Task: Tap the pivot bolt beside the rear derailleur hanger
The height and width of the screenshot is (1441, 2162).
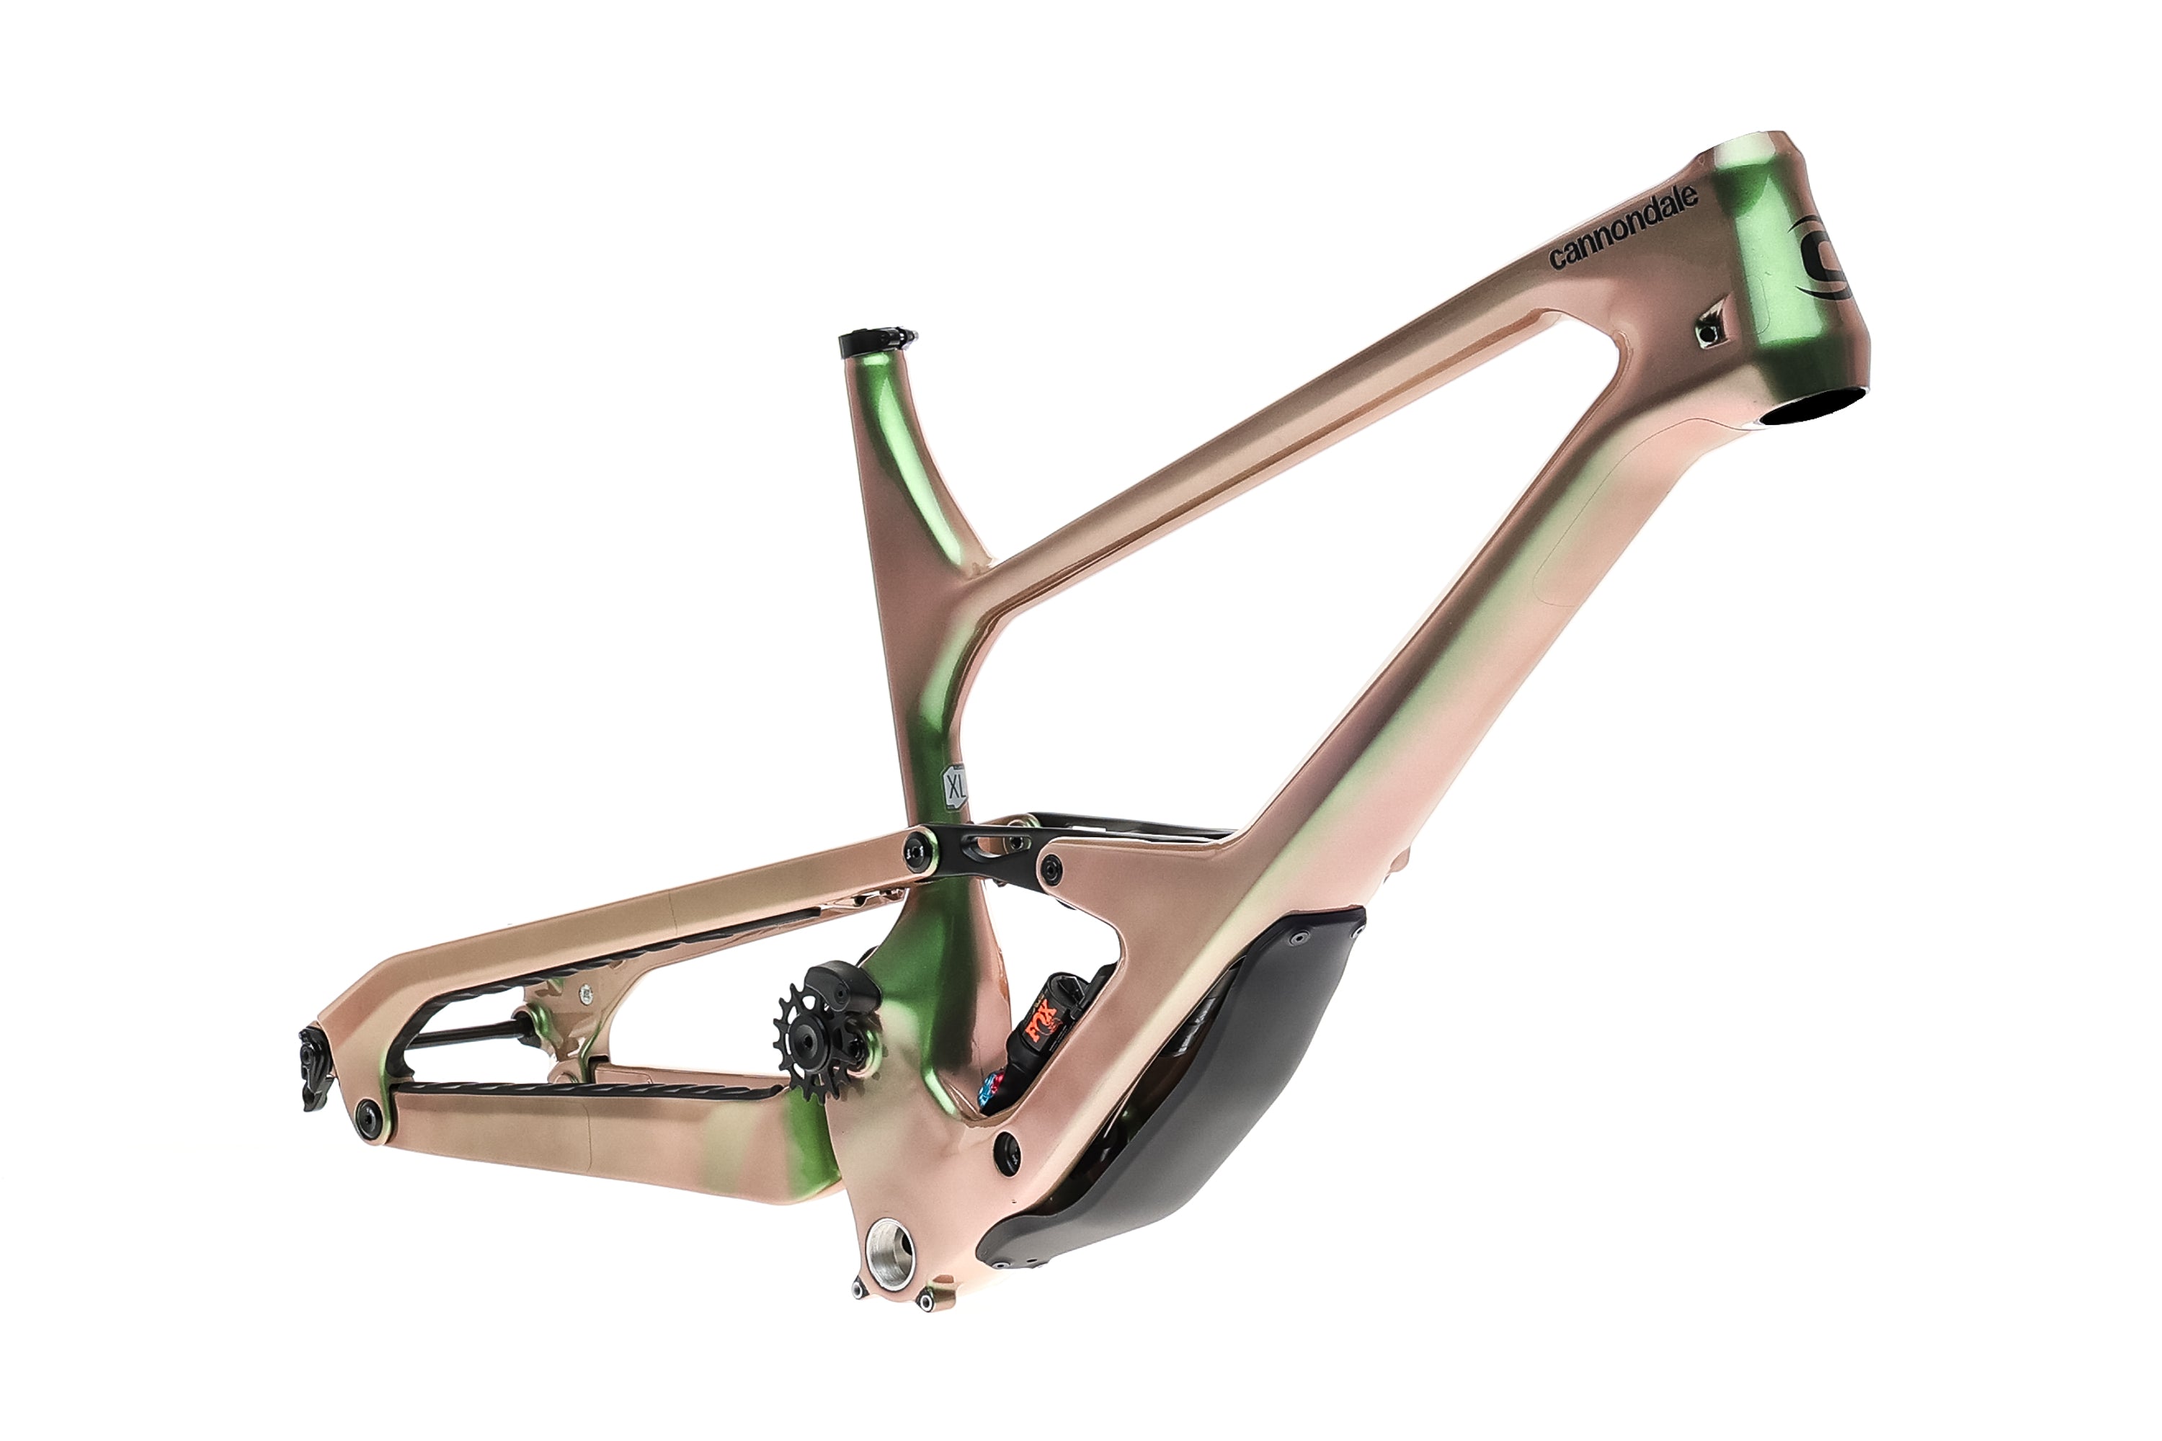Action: click(x=370, y=1114)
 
